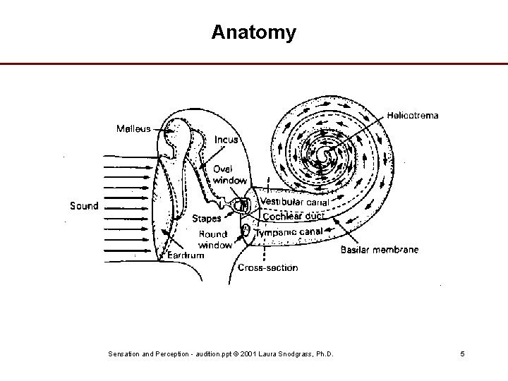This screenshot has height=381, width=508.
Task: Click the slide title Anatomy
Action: (x=253, y=32)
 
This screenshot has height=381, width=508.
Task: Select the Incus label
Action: (x=226, y=140)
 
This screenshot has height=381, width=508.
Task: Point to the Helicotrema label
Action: (x=412, y=115)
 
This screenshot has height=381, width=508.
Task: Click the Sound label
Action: (x=84, y=206)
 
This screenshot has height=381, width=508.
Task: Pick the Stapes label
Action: (x=206, y=219)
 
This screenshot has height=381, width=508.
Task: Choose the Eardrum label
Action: (x=186, y=255)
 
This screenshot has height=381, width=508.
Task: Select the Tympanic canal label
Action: (x=289, y=231)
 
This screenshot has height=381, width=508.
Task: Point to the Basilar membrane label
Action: (x=380, y=250)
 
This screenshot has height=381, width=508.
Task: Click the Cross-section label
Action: (x=267, y=267)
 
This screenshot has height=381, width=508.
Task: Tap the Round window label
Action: (x=214, y=239)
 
